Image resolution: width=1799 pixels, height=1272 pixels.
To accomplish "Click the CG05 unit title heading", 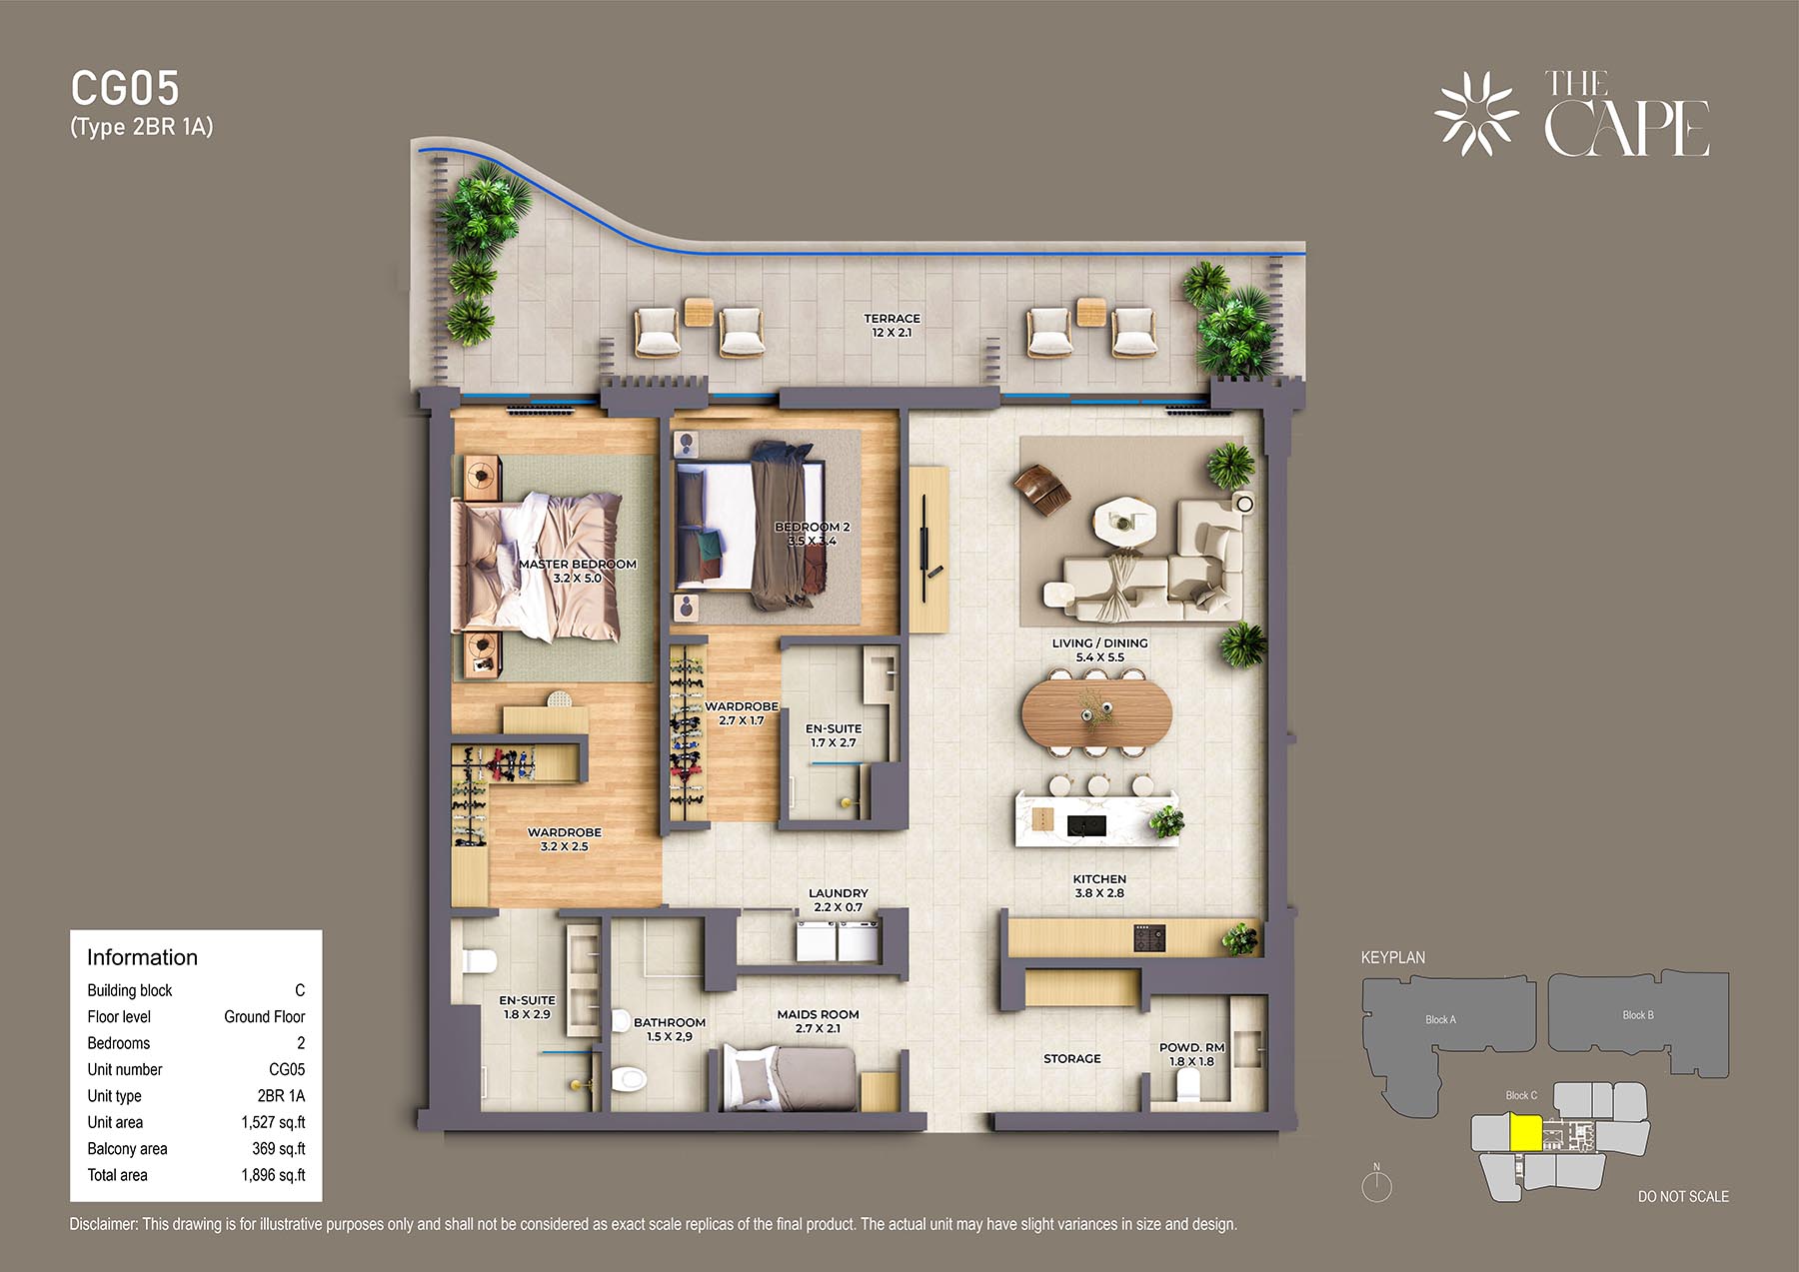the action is click(125, 89).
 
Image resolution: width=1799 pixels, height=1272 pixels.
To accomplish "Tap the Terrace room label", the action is click(892, 326).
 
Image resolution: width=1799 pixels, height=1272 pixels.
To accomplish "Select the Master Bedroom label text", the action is click(577, 571).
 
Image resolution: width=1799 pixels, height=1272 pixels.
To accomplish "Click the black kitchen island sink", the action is click(1086, 825).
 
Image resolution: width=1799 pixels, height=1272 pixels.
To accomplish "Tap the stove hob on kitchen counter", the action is click(1149, 938).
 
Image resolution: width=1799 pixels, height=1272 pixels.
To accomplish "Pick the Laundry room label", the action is click(838, 900).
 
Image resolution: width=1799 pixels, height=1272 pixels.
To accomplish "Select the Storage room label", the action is click(1071, 1058).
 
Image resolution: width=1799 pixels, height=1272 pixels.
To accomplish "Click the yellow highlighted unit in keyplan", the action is click(1525, 1133).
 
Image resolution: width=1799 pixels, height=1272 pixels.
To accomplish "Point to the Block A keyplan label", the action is click(1440, 1019).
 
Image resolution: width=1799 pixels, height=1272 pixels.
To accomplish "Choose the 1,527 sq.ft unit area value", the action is click(273, 1122).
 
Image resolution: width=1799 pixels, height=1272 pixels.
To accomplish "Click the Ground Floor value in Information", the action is click(264, 1016).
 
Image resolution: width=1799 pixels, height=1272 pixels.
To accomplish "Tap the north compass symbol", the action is click(1376, 1183).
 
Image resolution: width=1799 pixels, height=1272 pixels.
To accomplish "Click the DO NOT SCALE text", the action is click(1683, 1196).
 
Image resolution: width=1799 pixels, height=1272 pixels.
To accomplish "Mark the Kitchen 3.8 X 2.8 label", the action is click(1099, 886).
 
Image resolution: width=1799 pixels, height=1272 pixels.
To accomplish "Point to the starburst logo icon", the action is click(1476, 114).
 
